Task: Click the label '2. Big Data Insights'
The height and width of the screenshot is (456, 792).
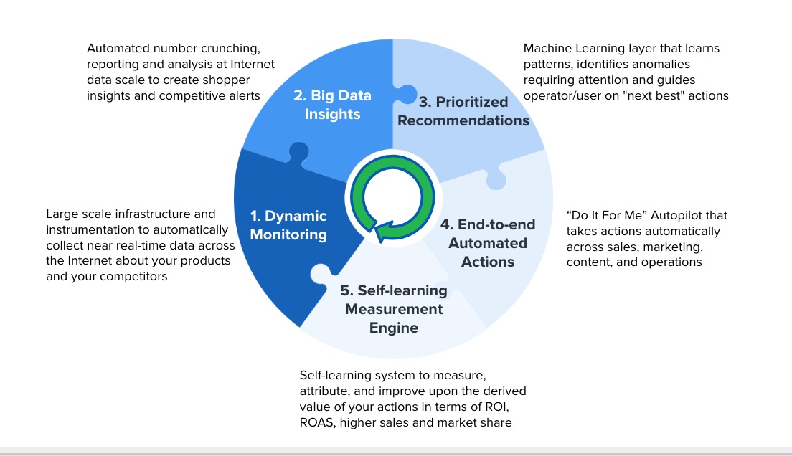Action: (x=332, y=105)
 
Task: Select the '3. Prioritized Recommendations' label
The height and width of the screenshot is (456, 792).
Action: (x=463, y=111)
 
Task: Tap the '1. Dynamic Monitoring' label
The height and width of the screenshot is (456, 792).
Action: (x=288, y=224)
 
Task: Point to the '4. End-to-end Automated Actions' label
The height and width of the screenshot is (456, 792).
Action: (x=487, y=243)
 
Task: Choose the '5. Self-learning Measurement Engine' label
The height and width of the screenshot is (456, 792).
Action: (x=393, y=309)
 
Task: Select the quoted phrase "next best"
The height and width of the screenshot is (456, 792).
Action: (x=654, y=95)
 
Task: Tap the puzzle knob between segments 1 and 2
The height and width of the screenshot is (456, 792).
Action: (x=298, y=151)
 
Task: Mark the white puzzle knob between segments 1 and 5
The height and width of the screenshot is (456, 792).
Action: (x=321, y=274)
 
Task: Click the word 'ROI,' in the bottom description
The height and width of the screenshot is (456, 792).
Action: (x=497, y=407)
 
